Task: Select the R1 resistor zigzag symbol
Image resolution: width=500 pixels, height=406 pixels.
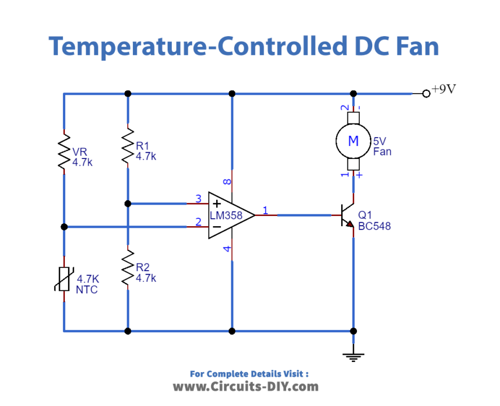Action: click(128, 147)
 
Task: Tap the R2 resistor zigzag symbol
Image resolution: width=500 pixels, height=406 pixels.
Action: click(128, 268)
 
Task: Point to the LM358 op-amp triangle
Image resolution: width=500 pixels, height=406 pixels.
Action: click(229, 215)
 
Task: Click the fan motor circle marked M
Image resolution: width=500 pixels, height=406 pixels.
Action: click(353, 142)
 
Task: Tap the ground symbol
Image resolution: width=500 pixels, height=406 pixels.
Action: click(354, 355)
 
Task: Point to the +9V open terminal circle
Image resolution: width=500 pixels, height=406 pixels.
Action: click(426, 94)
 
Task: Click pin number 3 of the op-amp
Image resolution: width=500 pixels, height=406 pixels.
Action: click(198, 198)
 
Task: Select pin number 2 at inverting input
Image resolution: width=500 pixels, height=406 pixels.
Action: click(198, 222)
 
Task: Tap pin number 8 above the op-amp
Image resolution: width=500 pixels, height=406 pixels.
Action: click(226, 182)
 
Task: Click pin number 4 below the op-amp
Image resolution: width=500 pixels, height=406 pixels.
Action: click(226, 249)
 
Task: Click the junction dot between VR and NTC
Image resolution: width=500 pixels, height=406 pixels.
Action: click(64, 227)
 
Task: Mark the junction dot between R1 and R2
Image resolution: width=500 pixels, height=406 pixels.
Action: click(128, 204)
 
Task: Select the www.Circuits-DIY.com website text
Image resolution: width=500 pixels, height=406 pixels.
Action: click(245, 387)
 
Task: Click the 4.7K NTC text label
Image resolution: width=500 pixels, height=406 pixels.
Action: click(88, 284)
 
